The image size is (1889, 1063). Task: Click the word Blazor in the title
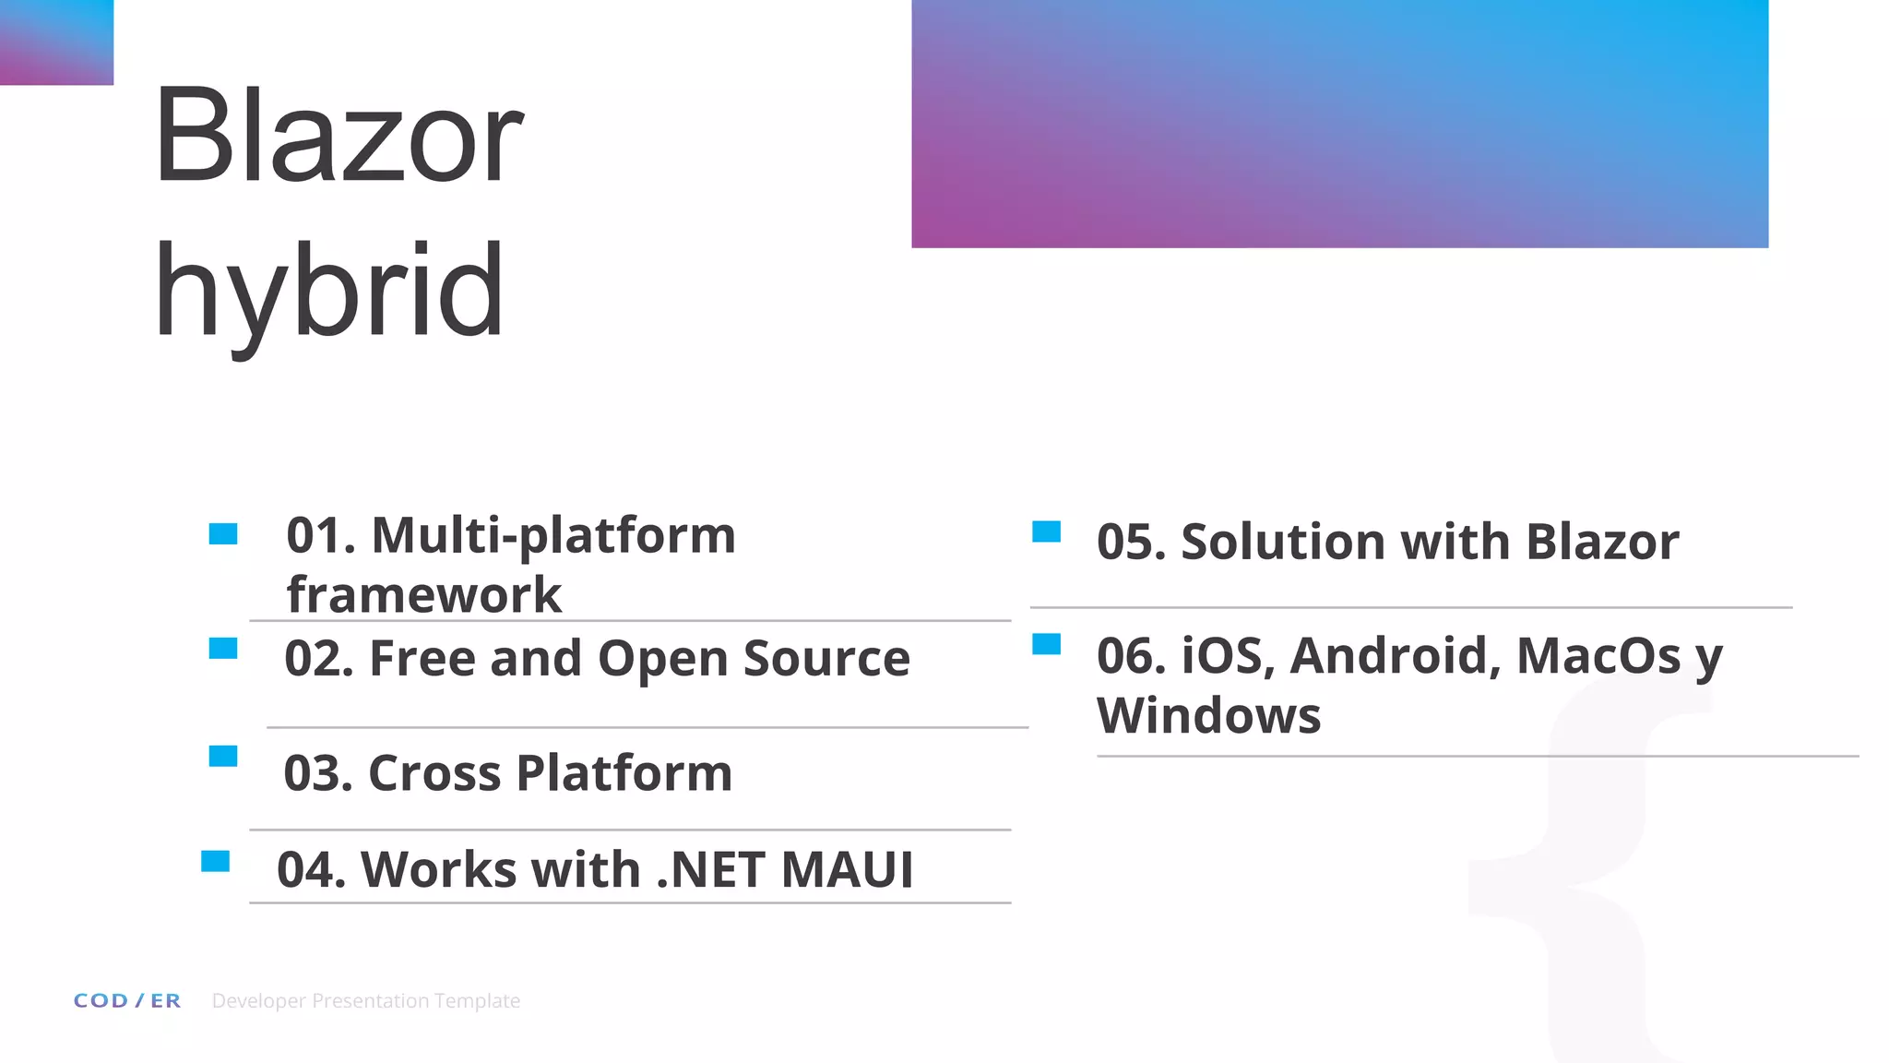tap(339, 137)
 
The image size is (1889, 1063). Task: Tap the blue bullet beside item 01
tap(223, 534)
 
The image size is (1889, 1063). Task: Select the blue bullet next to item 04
tap(215, 862)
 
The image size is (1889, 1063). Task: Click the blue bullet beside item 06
tap(1046, 644)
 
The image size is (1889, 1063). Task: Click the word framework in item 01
tap(423, 594)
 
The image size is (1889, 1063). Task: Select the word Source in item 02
tap(826, 659)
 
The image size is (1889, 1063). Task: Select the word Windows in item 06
tap(1208, 715)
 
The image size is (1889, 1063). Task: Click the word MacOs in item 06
tap(1598, 656)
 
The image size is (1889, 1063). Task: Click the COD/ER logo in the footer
tap(127, 1001)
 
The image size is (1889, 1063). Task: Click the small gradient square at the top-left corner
tap(56, 42)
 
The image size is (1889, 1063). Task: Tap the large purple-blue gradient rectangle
tap(1339, 123)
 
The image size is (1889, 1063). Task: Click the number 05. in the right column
tap(1131, 542)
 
